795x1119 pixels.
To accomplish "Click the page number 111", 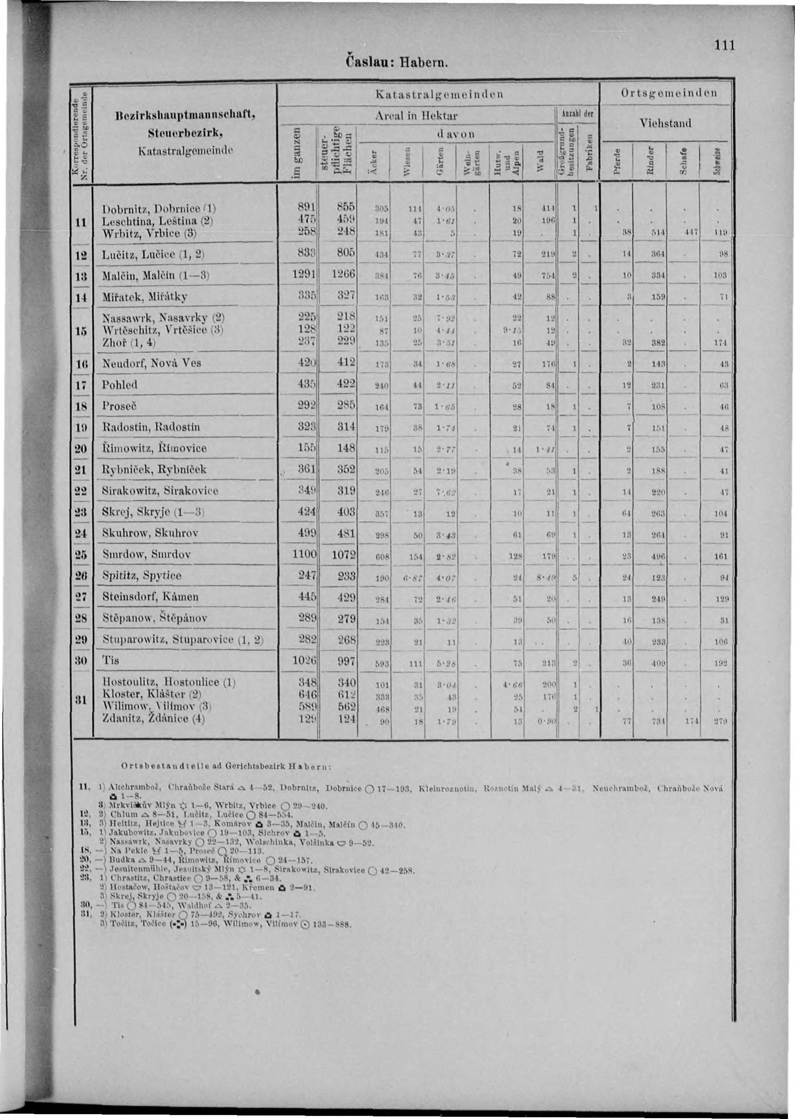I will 724,45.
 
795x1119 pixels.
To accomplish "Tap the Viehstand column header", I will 666,123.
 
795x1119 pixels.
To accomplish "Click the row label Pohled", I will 119,385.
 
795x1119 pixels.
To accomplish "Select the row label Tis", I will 111,660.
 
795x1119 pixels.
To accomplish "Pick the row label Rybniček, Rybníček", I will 154,470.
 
